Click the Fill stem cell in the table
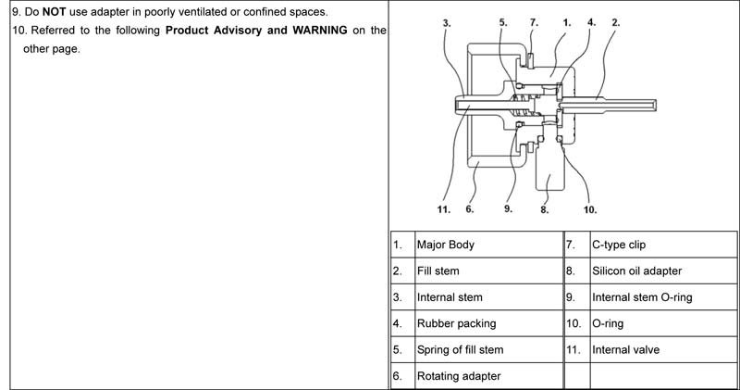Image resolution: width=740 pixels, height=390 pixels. click(x=438, y=271)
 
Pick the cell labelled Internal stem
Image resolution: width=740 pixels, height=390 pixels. click(x=450, y=297)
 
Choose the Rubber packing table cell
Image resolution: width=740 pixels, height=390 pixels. click(x=456, y=323)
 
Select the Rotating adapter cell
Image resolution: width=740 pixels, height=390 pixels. click(x=459, y=376)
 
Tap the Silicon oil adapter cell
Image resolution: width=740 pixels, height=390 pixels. click(x=637, y=271)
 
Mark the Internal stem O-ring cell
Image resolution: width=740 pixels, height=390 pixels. click(x=642, y=297)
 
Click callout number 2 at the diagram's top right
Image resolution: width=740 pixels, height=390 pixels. click(x=615, y=19)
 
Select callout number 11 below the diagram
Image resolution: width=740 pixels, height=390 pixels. click(x=444, y=209)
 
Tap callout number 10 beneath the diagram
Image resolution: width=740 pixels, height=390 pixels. click(x=590, y=209)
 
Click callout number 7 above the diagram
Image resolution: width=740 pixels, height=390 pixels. click(x=534, y=19)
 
